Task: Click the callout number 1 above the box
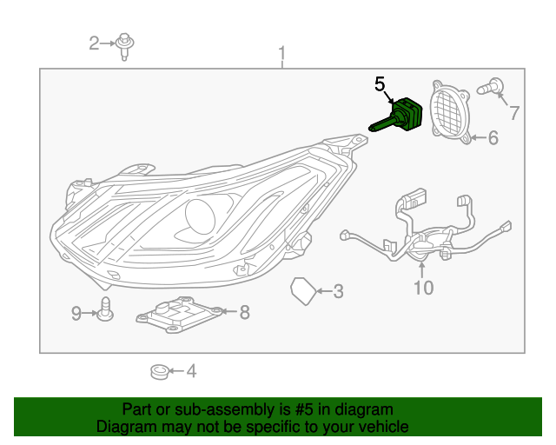point(281,56)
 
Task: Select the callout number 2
point(95,42)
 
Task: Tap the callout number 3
point(338,291)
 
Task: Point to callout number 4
point(190,371)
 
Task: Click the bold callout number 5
point(379,84)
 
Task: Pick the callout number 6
point(492,137)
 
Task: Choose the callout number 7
point(513,112)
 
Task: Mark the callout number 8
point(244,311)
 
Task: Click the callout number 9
point(76,311)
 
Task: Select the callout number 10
point(423,288)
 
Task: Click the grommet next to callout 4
point(159,372)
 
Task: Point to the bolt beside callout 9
point(105,309)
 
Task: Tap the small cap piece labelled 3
point(302,291)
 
